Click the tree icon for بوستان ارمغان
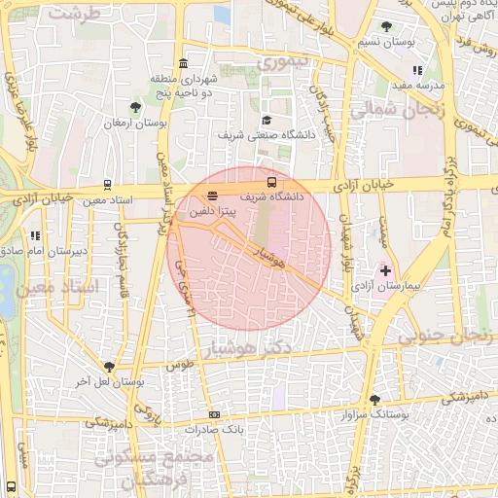click(135, 107)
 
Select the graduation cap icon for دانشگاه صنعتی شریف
click(267, 120)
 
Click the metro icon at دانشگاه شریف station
click(271, 181)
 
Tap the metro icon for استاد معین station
click(107, 184)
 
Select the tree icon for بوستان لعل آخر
click(108, 367)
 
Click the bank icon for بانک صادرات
click(215, 413)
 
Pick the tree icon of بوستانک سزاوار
click(374, 400)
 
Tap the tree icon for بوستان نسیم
click(386, 26)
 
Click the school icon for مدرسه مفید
click(417, 70)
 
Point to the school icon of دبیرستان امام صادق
click(36, 234)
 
